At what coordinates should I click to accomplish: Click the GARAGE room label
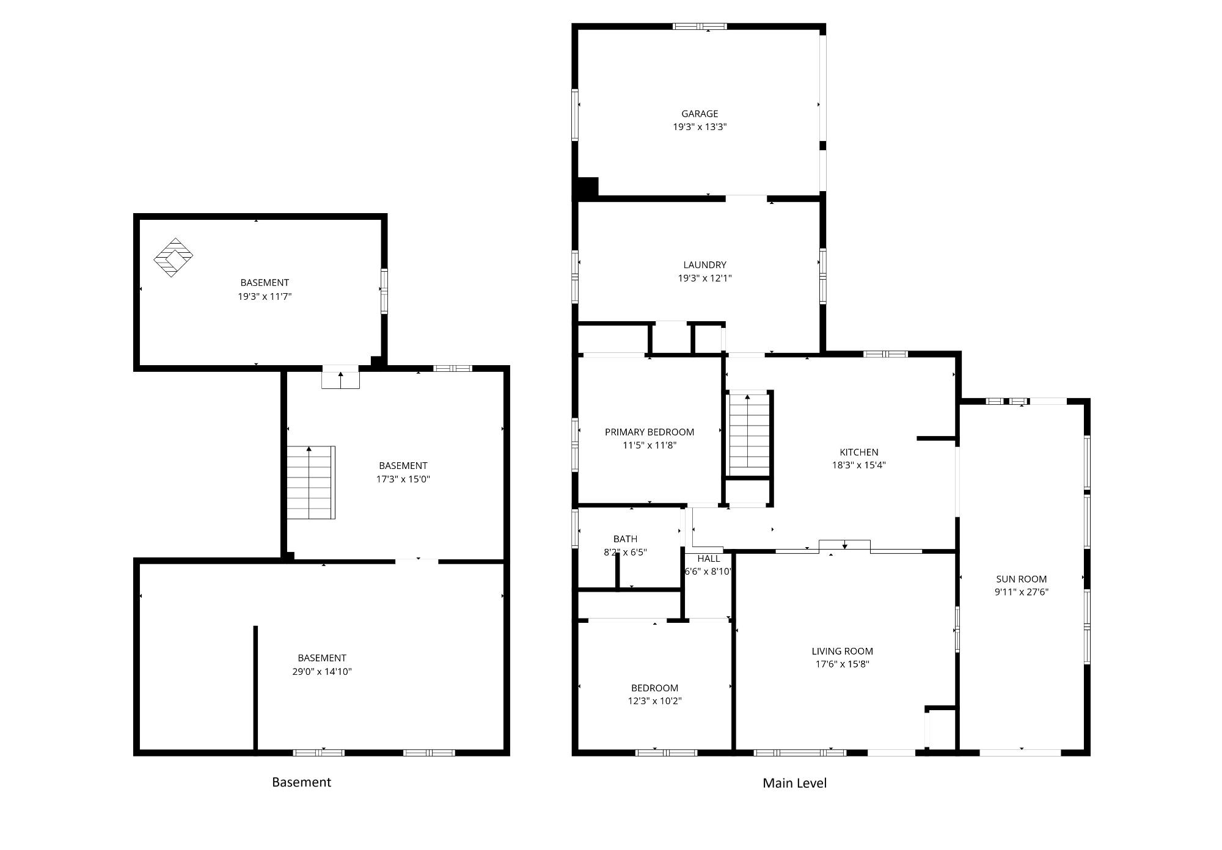point(700,114)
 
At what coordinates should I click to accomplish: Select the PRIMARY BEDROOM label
point(649,432)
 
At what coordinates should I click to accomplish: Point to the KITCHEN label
point(859,452)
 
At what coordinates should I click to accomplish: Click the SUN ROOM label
point(1022,579)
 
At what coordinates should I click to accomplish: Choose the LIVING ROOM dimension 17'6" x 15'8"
point(842,664)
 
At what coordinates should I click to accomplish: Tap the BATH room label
point(625,539)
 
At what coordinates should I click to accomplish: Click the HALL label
point(709,559)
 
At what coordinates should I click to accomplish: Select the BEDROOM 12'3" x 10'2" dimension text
point(654,701)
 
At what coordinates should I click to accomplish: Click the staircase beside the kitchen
point(748,434)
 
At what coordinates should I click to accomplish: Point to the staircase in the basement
point(311,482)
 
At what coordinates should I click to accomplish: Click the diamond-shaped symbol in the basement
point(173,258)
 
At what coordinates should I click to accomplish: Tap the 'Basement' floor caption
point(301,782)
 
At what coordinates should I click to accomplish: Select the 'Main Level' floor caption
point(794,783)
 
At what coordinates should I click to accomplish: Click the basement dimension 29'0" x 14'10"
point(322,672)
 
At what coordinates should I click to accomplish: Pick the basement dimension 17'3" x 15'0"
point(403,479)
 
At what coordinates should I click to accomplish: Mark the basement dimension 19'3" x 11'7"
point(265,297)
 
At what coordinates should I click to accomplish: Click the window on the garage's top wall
point(700,26)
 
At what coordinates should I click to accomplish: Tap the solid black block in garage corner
point(587,187)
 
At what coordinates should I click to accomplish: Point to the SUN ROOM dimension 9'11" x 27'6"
point(1022,592)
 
